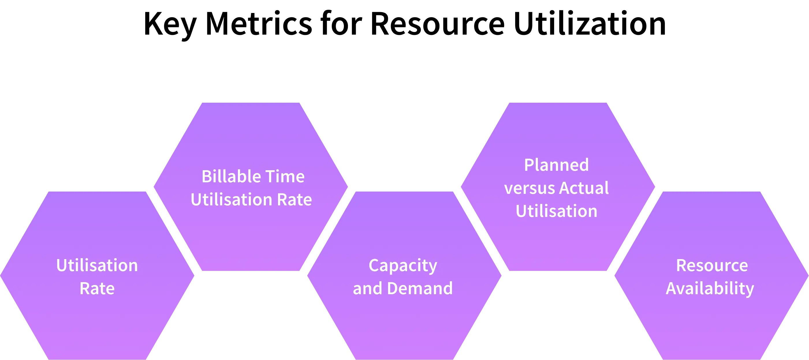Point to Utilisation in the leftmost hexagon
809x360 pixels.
tap(97, 265)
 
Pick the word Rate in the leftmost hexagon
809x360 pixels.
tap(97, 288)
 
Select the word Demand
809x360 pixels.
tap(420, 288)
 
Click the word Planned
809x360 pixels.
tap(556, 165)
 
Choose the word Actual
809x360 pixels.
tap(584, 188)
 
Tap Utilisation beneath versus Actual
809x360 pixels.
tap(556, 211)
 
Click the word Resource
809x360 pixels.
tap(712, 265)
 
